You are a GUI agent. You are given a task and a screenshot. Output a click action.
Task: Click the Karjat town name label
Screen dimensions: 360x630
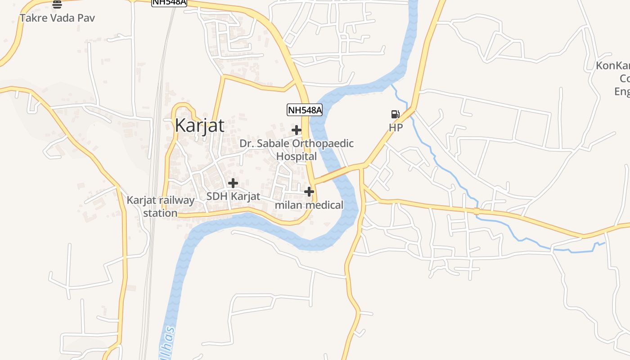[199, 125]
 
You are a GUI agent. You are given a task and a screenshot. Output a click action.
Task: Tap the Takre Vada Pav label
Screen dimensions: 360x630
[57, 18]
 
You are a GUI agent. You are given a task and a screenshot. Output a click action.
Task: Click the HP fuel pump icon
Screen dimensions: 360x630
[395, 114]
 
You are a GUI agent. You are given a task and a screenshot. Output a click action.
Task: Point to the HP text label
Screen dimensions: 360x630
[396, 128]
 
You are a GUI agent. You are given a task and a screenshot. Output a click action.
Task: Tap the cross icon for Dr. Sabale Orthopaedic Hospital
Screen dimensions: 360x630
[297, 130]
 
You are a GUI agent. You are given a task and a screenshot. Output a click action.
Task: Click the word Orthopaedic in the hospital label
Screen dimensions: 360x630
[323, 144]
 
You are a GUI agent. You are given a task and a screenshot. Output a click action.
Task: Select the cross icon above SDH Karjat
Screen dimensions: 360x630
[233, 183]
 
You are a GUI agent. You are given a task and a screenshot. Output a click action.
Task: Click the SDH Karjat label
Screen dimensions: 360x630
[233, 197]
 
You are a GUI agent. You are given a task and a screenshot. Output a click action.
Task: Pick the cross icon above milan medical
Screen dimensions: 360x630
[309, 192]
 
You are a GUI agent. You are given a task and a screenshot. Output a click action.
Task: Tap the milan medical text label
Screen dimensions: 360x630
[309, 205]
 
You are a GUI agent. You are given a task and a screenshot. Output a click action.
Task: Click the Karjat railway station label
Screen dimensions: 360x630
[161, 207]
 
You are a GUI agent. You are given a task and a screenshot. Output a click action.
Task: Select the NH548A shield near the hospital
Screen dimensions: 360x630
[305, 110]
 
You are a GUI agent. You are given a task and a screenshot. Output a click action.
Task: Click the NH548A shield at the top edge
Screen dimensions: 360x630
[169, 3]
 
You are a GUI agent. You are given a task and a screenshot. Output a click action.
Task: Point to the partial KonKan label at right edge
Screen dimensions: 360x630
[613, 66]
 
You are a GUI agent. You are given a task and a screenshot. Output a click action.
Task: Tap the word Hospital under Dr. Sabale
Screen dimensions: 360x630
[297, 157]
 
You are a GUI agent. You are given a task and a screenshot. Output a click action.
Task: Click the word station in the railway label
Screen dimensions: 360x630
[160, 213]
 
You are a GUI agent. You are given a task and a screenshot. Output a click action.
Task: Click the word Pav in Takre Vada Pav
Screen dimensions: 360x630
[86, 18]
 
